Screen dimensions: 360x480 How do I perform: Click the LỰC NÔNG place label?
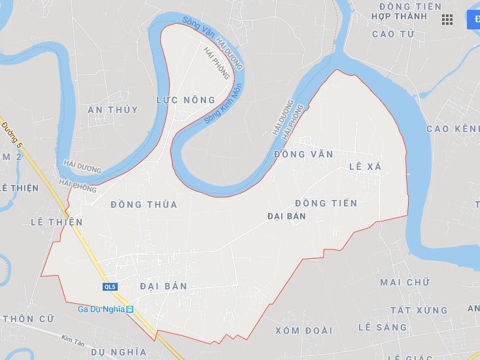pyautogui.click(x=186, y=100)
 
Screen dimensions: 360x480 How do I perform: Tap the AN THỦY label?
pyautogui.click(x=113, y=110)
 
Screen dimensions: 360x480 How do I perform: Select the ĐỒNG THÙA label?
pyautogui.click(x=144, y=205)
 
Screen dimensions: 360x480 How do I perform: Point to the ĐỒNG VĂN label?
pyautogui.click(x=303, y=154)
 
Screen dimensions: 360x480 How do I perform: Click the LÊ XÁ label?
pyautogui.click(x=366, y=167)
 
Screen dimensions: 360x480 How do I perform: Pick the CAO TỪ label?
pyautogui.click(x=393, y=34)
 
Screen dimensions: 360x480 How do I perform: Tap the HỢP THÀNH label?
pyautogui.click(x=398, y=16)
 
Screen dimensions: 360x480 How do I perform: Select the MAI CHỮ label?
pyautogui.click(x=405, y=282)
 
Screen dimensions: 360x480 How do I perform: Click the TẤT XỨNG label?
pyautogui.click(x=419, y=310)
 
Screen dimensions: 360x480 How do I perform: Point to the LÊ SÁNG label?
pyautogui.click(x=383, y=327)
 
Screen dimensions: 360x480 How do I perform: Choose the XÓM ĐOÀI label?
pyautogui.click(x=303, y=331)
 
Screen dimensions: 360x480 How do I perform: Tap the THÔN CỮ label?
pyautogui.click(x=27, y=319)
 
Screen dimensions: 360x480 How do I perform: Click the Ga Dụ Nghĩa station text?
pyautogui.click(x=101, y=309)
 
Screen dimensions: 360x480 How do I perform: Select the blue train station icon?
pyautogui.click(x=130, y=309)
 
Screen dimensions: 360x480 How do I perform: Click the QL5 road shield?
pyautogui.click(x=109, y=287)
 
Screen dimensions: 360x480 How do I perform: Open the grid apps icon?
pyautogui.click(x=447, y=20)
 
